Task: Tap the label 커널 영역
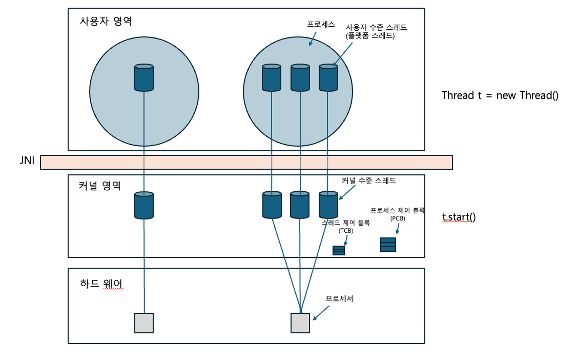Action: [100, 185]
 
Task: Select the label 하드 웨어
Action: [101, 284]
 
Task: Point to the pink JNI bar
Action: [246, 162]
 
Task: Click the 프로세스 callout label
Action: [321, 24]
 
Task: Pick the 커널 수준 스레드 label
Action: [369, 181]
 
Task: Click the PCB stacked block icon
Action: [388, 245]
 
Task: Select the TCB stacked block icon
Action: [339, 250]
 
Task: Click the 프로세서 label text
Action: [339, 298]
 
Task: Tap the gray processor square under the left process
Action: [144, 323]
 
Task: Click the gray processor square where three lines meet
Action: [300, 323]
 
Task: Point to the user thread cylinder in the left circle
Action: [144, 77]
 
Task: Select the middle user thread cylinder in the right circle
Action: [300, 77]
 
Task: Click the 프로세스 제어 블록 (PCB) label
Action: [397, 214]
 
